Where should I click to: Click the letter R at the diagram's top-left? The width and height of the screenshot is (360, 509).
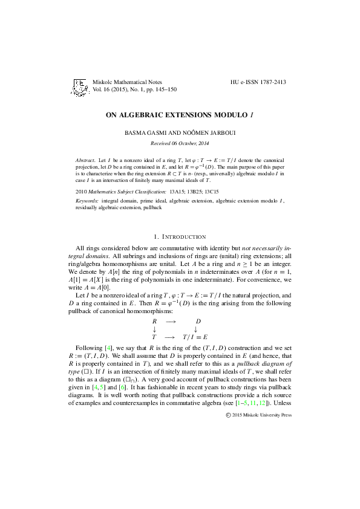(x=155, y=320)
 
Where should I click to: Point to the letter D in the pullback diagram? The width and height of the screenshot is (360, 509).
(x=198, y=320)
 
